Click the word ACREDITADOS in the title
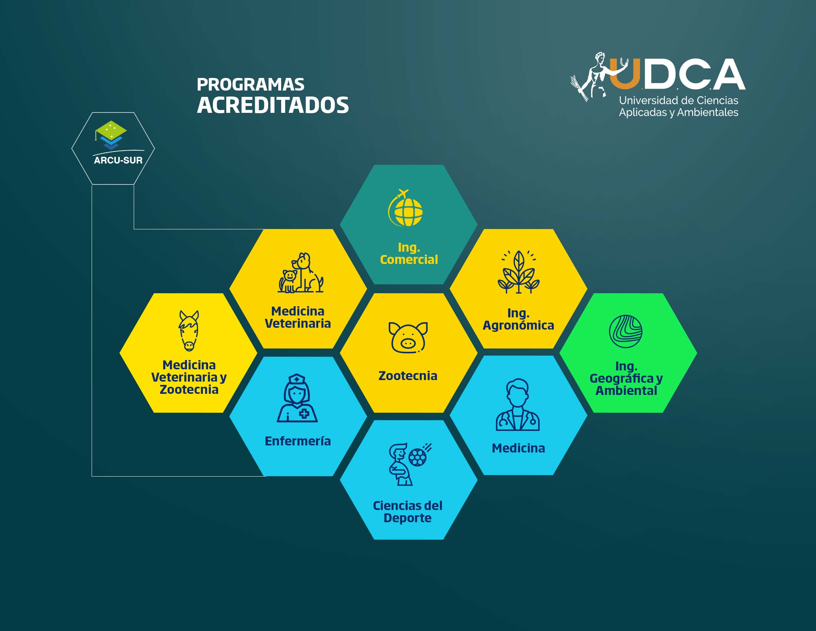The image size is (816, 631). (x=273, y=105)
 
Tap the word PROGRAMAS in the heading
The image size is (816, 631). (x=250, y=85)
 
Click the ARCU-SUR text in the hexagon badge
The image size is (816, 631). (x=118, y=160)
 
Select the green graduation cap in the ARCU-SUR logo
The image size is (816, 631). (x=111, y=130)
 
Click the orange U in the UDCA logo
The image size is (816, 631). (x=625, y=75)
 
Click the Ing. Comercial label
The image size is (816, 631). (x=409, y=254)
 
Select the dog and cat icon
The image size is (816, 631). (x=300, y=272)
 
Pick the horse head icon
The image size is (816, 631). (x=189, y=331)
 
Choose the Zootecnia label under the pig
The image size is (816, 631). (x=408, y=376)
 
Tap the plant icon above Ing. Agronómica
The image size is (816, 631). (x=519, y=272)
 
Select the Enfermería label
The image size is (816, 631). (x=298, y=441)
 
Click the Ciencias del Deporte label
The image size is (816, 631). (x=408, y=512)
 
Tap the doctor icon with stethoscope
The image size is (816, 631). (x=518, y=405)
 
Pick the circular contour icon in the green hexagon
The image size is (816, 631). (x=626, y=331)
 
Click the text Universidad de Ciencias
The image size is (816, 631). (x=678, y=100)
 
